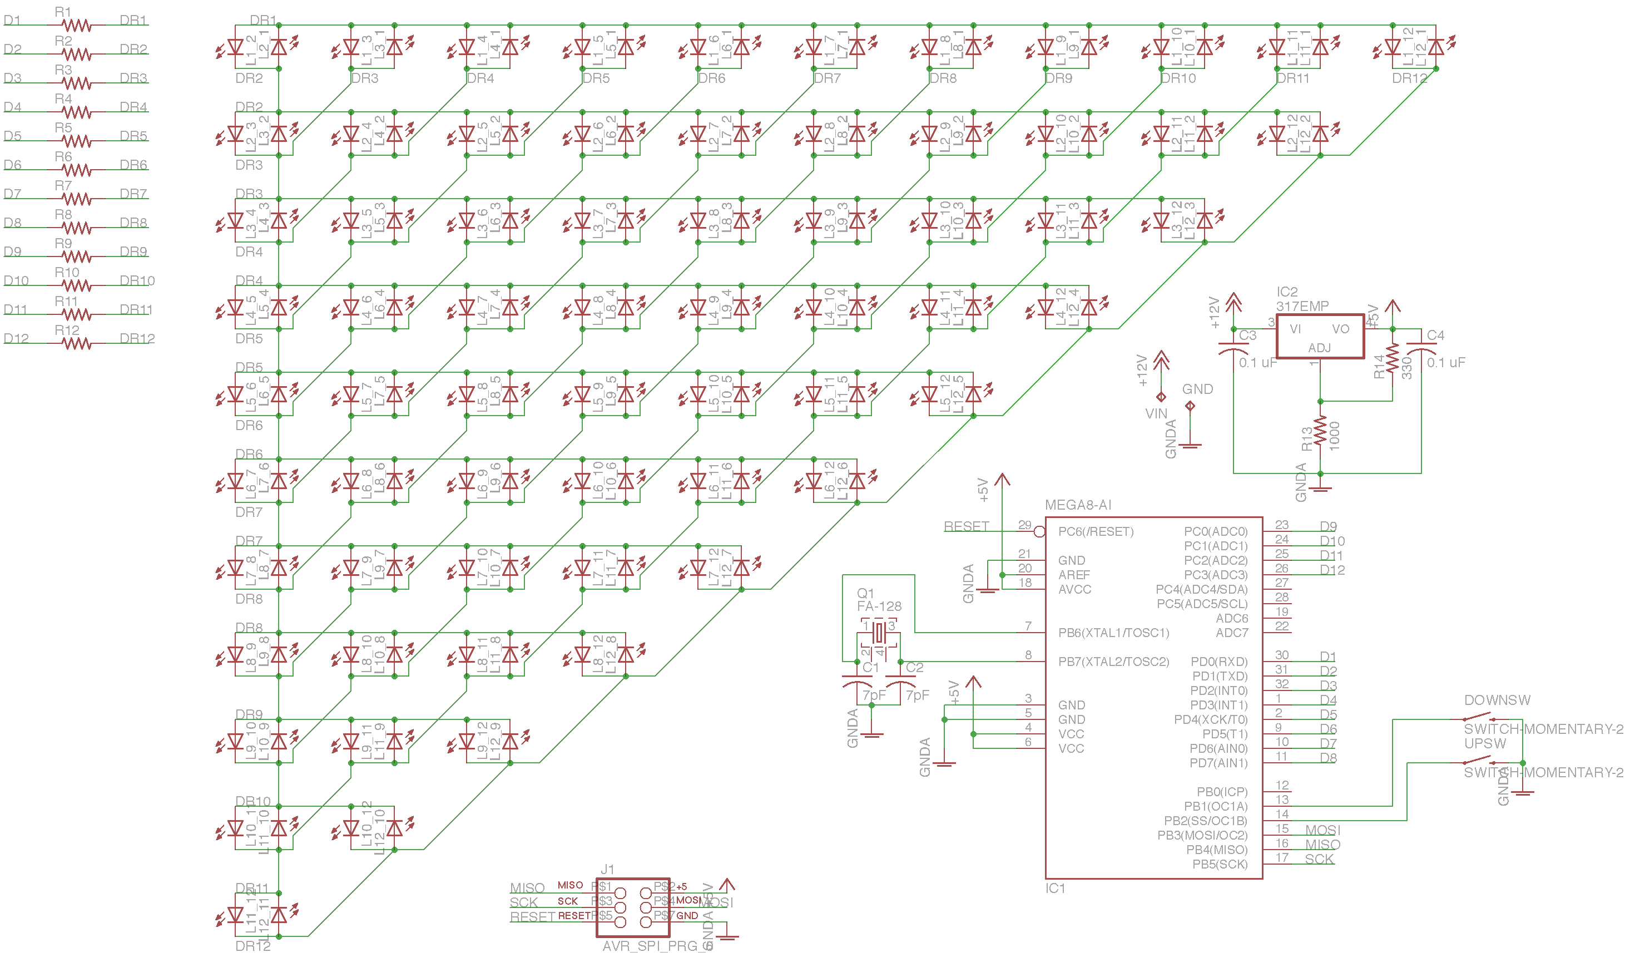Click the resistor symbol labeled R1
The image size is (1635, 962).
pyautogui.click(x=77, y=26)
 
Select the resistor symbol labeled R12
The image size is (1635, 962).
pyautogui.click(x=77, y=343)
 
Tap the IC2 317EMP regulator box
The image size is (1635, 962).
pyautogui.click(x=1319, y=336)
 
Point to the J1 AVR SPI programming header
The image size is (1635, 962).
pyautogui.click(x=633, y=907)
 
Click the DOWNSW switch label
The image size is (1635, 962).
pyautogui.click(x=1497, y=700)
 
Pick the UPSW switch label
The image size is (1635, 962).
pyautogui.click(x=1484, y=743)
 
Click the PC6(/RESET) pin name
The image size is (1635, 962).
pyautogui.click(x=1096, y=532)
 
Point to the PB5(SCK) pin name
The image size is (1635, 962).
pyautogui.click(x=1220, y=864)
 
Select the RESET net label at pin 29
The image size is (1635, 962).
pyautogui.click(x=966, y=526)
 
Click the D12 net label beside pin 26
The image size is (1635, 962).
pyautogui.click(x=1332, y=570)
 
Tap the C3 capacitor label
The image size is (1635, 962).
pyautogui.click(x=1247, y=336)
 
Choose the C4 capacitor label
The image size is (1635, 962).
pyautogui.click(x=1435, y=336)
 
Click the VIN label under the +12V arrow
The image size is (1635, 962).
pyautogui.click(x=1156, y=413)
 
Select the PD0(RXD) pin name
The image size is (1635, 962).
pyautogui.click(x=1218, y=662)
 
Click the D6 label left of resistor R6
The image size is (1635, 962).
pyautogui.click(x=12, y=165)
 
